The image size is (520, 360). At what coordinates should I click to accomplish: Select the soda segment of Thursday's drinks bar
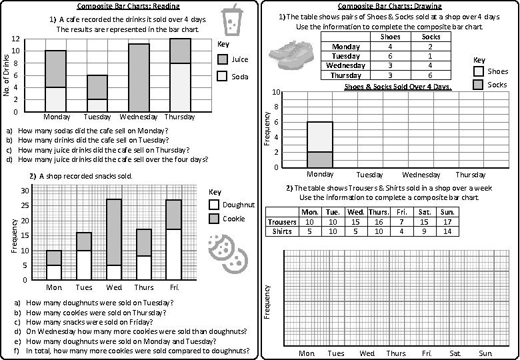point(180,87)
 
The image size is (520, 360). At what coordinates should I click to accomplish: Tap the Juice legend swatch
point(223,60)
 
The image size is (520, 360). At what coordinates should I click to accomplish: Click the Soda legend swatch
point(223,77)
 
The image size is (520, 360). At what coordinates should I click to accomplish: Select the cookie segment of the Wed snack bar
point(114,232)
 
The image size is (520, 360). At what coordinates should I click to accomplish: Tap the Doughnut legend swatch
point(214,205)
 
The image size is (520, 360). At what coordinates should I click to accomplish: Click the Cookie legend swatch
point(214,219)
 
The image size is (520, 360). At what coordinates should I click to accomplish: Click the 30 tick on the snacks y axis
point(25,191)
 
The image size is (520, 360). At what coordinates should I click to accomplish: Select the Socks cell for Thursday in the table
point(431,75)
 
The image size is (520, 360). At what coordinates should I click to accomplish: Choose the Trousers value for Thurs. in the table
point(379,222)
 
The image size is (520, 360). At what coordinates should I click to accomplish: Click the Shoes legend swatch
point(479,71)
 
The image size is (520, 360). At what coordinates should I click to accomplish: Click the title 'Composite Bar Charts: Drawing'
point(391,6)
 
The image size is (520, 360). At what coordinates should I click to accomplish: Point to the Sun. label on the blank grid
point(485,353)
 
